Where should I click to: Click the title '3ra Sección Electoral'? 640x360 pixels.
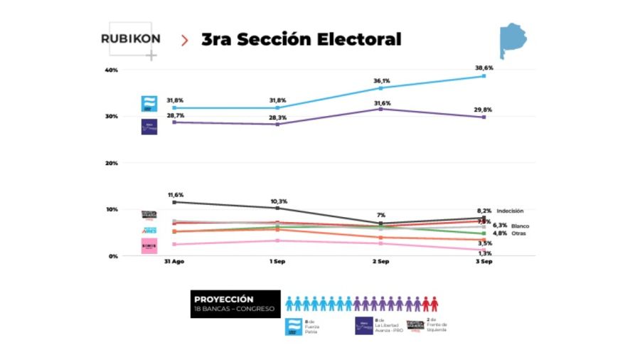[x=301, y=39]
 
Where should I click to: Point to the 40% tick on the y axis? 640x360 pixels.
[x=111, y=70]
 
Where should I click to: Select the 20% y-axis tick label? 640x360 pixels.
[x=111, y=163]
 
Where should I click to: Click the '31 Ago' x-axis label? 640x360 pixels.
[x=174, y=262]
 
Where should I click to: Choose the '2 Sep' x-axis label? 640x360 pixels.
[x=380, y=262]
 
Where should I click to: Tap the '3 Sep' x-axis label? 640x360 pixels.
[x=484, y=262]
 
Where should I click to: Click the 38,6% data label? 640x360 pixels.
[x=484, y=68]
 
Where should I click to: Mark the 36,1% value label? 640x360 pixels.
[x=381, y=80]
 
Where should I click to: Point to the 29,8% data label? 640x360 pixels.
[x=484, y=110]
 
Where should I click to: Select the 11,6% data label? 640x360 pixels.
[x=175, y=194]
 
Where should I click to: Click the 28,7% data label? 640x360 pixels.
[x=175, y=115]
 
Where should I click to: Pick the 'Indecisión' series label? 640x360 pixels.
[x=510, y=211]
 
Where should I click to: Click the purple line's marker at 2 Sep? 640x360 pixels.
[x=380, y=109]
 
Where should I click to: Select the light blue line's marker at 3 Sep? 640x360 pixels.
[x=484, y=76]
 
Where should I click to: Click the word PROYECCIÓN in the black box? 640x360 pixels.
[x=224, y=300]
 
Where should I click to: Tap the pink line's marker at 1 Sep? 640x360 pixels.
[x=277, y=240]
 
